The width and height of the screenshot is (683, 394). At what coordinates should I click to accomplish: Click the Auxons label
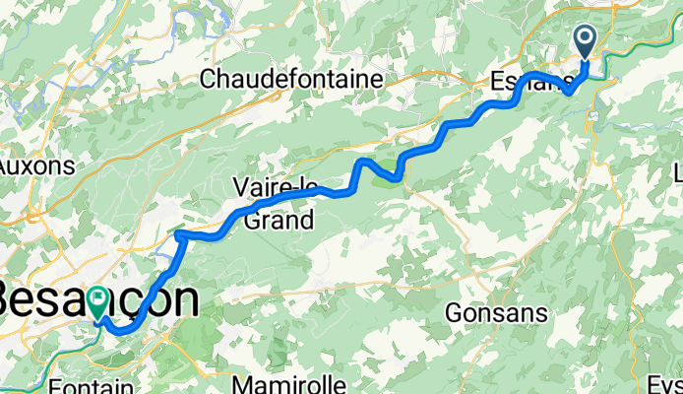coord(37,165)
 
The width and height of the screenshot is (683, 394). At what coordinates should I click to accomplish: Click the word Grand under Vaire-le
coord(279,221)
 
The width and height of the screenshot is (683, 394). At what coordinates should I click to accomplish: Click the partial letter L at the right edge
coord(677,173)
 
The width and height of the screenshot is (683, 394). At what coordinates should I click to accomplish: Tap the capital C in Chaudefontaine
coord(209,80)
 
